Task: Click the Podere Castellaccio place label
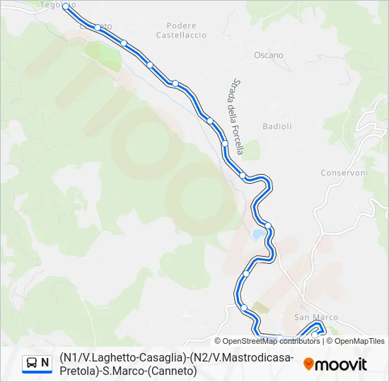click(x=181, y=30)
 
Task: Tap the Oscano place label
click(x=268, y=55)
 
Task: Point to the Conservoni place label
click(x=344, y=173)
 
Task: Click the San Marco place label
click(x=316, y=317)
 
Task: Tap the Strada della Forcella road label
click(x=237, y=116)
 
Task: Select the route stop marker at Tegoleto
click(x=66, y=6)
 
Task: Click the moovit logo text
click(x=341, y=364)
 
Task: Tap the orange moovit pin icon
click(x=308, y=364)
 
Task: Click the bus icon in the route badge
click(x=32, y=364)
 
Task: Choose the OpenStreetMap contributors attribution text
click(x=272, y=341)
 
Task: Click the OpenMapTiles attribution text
click(x=359, y=341)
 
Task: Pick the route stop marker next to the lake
click(x=268, y=226)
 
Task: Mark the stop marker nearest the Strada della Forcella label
click(x=225, y=143)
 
